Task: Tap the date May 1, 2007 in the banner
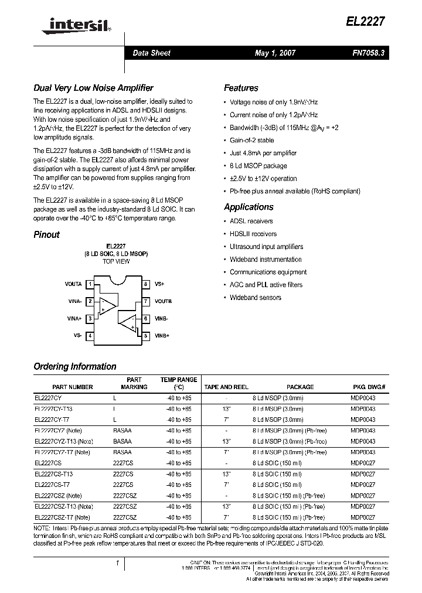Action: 275,53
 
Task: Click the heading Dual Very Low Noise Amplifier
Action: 93,88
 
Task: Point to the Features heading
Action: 241,88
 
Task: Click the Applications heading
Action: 249,207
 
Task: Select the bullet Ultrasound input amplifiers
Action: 266,247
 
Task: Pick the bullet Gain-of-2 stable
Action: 251,141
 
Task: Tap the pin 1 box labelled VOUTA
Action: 90,284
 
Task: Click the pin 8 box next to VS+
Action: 145,284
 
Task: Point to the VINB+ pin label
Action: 162,336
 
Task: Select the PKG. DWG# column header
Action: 369,387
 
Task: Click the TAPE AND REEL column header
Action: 226,387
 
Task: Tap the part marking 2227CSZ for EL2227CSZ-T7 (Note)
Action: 124,517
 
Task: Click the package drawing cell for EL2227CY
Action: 363,398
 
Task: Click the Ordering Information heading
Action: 75,367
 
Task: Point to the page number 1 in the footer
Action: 118,563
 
